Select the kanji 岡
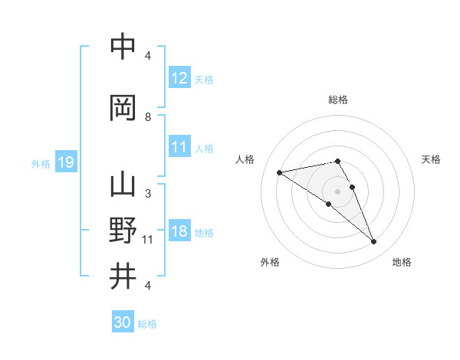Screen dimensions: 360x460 [x=123, y=108]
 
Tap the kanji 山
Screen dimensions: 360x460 [x=123, y=185]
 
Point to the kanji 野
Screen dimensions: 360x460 [x=123, y=231]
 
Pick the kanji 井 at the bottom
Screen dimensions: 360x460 [x=123, y=276]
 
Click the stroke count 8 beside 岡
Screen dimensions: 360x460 [x=148, y=117]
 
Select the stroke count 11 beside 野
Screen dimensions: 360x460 [x=148, y=240]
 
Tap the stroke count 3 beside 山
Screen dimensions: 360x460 [x=148, y=194]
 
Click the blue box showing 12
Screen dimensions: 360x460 [x=179, y=78]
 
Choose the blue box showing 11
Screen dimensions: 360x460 [x=179, y=147]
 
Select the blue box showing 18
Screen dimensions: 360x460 [x=179, y=231]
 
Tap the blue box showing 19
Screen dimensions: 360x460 [x=66, y=162]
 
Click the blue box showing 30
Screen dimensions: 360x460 [x=123, y=322]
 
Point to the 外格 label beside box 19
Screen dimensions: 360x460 [x=41, y=163]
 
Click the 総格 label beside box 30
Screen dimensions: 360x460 [x=147, y=323]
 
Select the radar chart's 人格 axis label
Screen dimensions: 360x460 [x=245, y=159]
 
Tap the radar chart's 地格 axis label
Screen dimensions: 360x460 [x=402, y=262]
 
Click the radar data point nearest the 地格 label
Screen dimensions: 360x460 [x=373, y=242]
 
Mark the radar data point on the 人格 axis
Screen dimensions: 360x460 [x=280, y=172]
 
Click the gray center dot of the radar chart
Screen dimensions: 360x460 [x=338, y=191]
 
